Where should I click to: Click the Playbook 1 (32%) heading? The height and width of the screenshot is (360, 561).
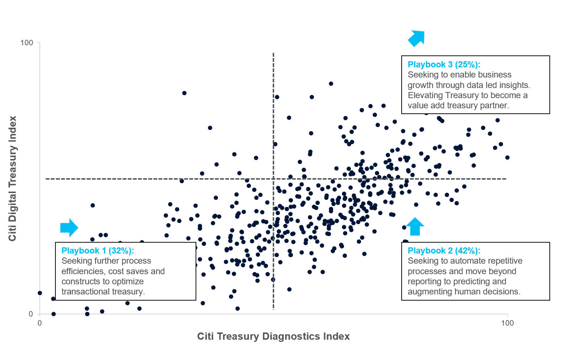(x=97, y=251)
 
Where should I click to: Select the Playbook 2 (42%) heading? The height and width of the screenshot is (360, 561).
(x=444, y=251)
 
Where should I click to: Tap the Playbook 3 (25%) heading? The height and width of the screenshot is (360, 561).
(x=444, y=64)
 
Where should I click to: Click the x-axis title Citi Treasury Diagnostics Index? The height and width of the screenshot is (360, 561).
(x=273, y=336)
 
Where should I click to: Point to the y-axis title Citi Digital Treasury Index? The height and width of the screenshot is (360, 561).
(x=13, y=178)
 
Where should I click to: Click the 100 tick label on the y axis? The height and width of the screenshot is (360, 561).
(x=26, y=43)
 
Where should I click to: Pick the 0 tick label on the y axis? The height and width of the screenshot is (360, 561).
(x=31, y=314)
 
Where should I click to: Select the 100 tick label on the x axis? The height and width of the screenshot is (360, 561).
(x=507, y=323)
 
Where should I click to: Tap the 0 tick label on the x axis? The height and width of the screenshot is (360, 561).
(x=40, y=323)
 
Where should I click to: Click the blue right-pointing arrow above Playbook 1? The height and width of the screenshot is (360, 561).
(x=69, y=227)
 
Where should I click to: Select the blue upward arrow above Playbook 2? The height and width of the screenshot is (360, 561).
(x=415, y=226)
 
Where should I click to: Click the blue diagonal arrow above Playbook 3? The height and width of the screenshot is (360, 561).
(x=416, y=38)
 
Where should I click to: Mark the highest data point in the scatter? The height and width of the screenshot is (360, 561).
(x=331, y=84)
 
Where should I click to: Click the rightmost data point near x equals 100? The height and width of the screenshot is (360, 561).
(x=507, y=158)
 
